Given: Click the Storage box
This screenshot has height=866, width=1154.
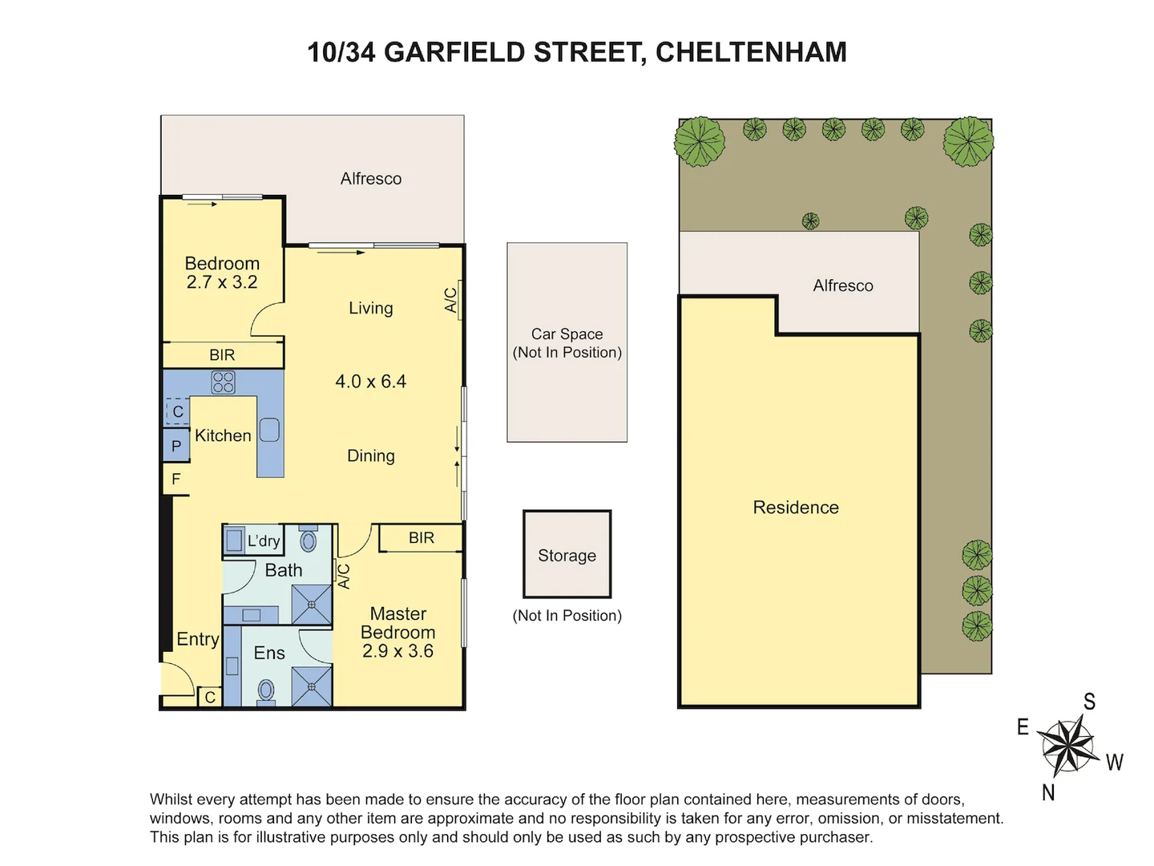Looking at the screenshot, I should [x=567, y=554].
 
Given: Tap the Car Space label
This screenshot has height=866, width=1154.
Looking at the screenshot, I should [x=567, y=334].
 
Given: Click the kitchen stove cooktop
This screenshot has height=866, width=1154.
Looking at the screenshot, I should [x=223, y=382].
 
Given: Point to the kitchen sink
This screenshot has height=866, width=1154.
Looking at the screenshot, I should [x=269, y=431].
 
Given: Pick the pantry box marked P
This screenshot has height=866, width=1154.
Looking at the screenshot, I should [x=176, y=446].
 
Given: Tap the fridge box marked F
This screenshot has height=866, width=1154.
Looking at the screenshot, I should [x=176, y=480].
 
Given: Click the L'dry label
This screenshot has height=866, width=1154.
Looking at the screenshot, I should [x=264, y=541].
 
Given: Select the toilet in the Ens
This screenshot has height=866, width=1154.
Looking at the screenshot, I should [x=266, y=690].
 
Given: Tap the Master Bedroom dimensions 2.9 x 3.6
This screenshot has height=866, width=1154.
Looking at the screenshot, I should [x=397, y=651].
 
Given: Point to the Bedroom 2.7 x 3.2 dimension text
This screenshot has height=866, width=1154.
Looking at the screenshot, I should [x=222, y=282].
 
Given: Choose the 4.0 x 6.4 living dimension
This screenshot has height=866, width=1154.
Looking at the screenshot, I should [x=370, y=382].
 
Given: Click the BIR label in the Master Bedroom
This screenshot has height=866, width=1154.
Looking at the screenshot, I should [x=422, y=538].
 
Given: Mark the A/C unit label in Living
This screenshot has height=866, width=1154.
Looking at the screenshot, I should [x=451, y=301].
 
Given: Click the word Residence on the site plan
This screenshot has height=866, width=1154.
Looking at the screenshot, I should [x=796, y=508].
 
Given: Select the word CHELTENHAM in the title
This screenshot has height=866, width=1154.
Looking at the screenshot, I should [x=751, y=52].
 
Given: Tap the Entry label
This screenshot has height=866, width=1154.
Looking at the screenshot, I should [x=198, y=639].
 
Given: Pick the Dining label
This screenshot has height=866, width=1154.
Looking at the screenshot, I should [x=370, y=455].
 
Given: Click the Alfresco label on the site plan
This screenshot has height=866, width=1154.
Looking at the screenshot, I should [x=843, y=285].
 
